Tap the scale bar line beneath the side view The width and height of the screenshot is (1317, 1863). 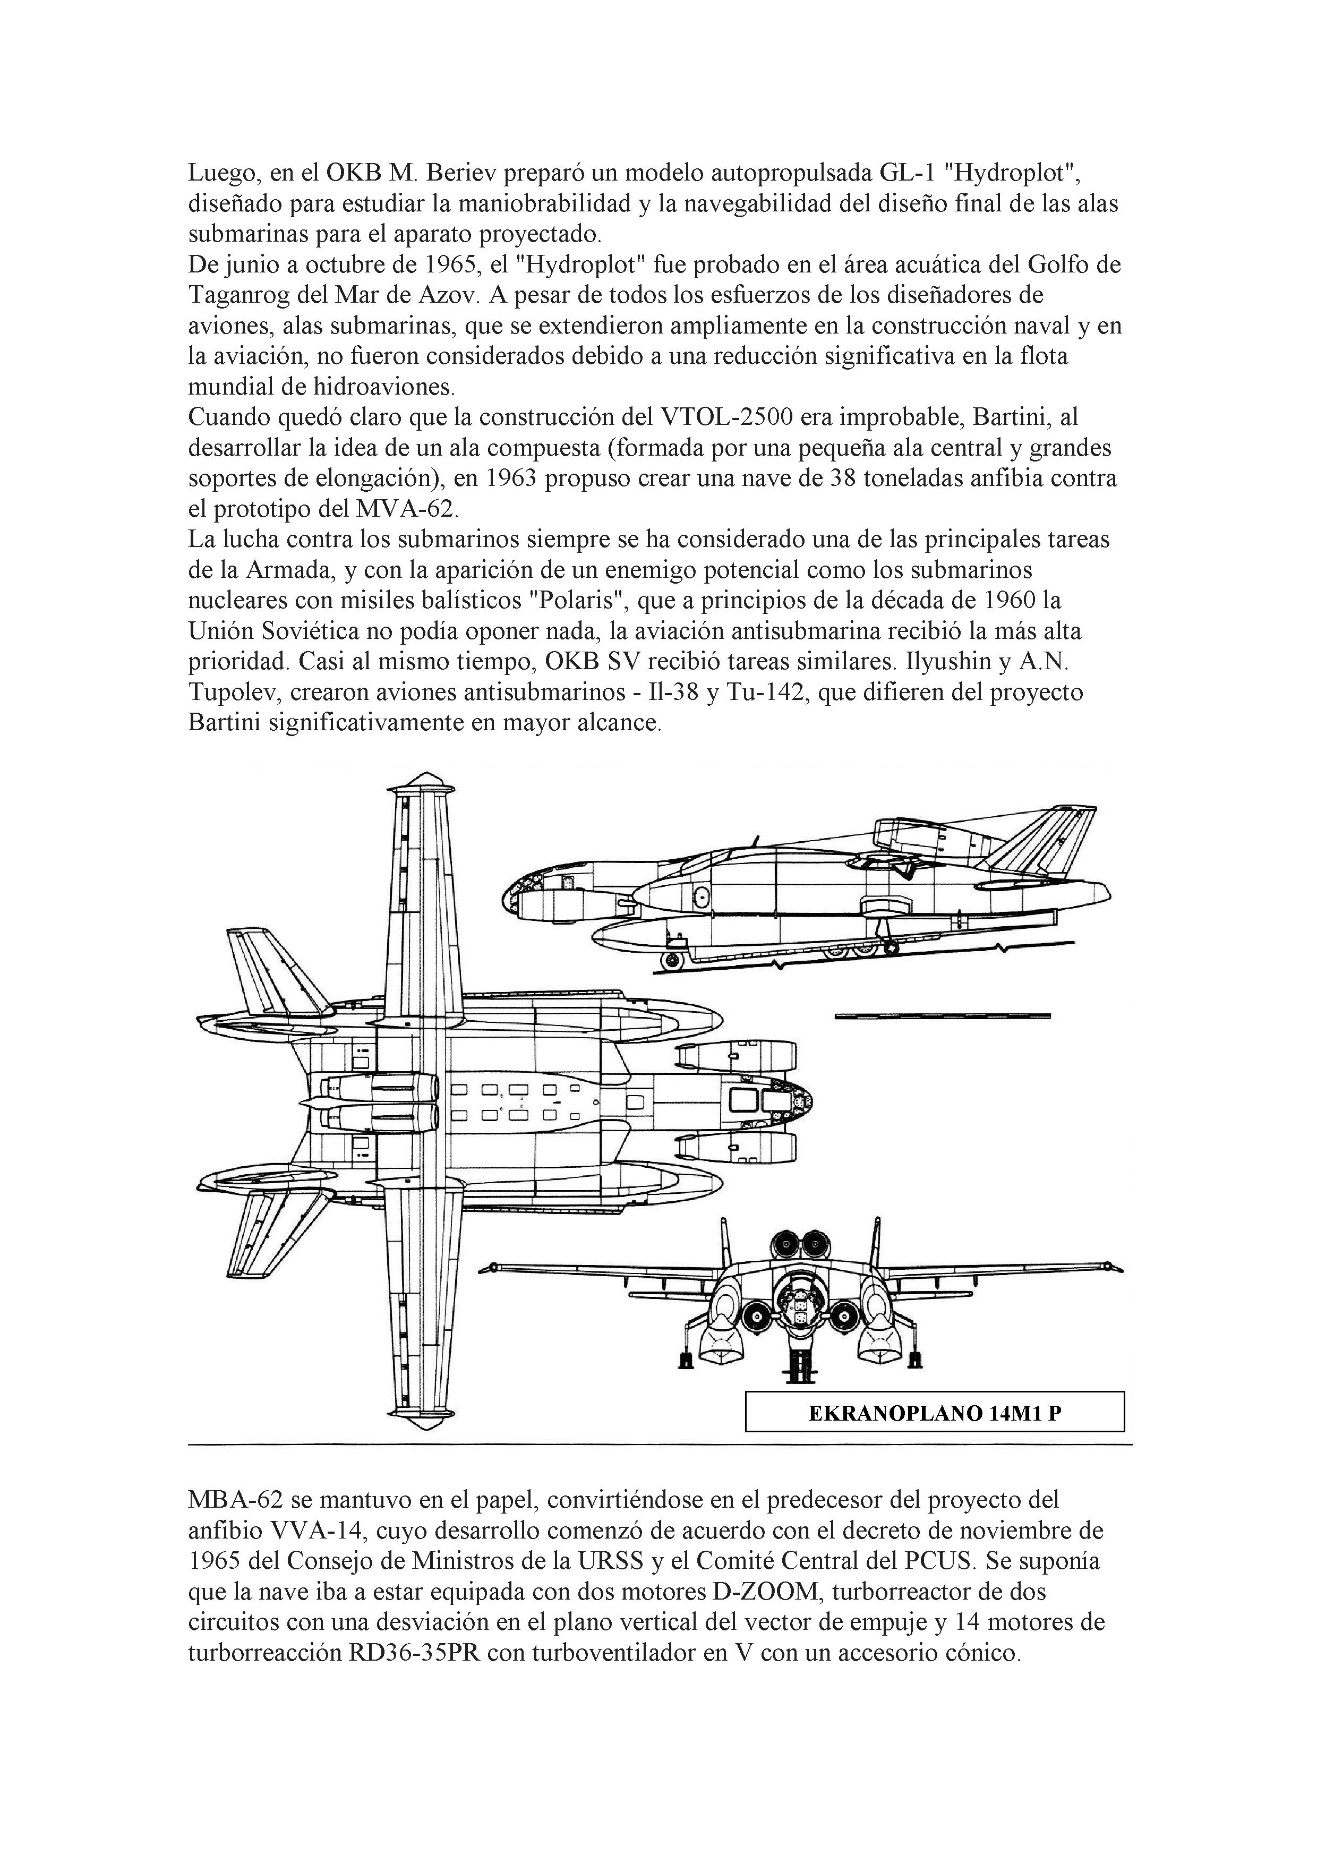pos(942,1016)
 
